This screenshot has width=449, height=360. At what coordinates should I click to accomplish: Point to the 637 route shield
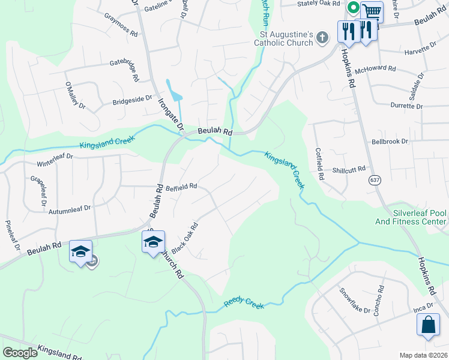(376, 179)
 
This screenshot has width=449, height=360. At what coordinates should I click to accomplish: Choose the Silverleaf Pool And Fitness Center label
(420, 217)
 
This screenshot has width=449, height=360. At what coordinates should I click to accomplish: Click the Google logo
(20, 353)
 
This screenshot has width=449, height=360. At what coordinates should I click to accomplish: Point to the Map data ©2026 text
(423, 355)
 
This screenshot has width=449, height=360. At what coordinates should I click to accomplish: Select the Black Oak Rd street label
(185, 238)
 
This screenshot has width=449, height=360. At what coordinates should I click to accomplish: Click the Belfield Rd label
(181, 187)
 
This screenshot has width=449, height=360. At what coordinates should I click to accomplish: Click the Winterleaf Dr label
(55, 160)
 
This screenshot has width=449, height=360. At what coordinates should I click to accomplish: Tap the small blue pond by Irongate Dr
(175, 94)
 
